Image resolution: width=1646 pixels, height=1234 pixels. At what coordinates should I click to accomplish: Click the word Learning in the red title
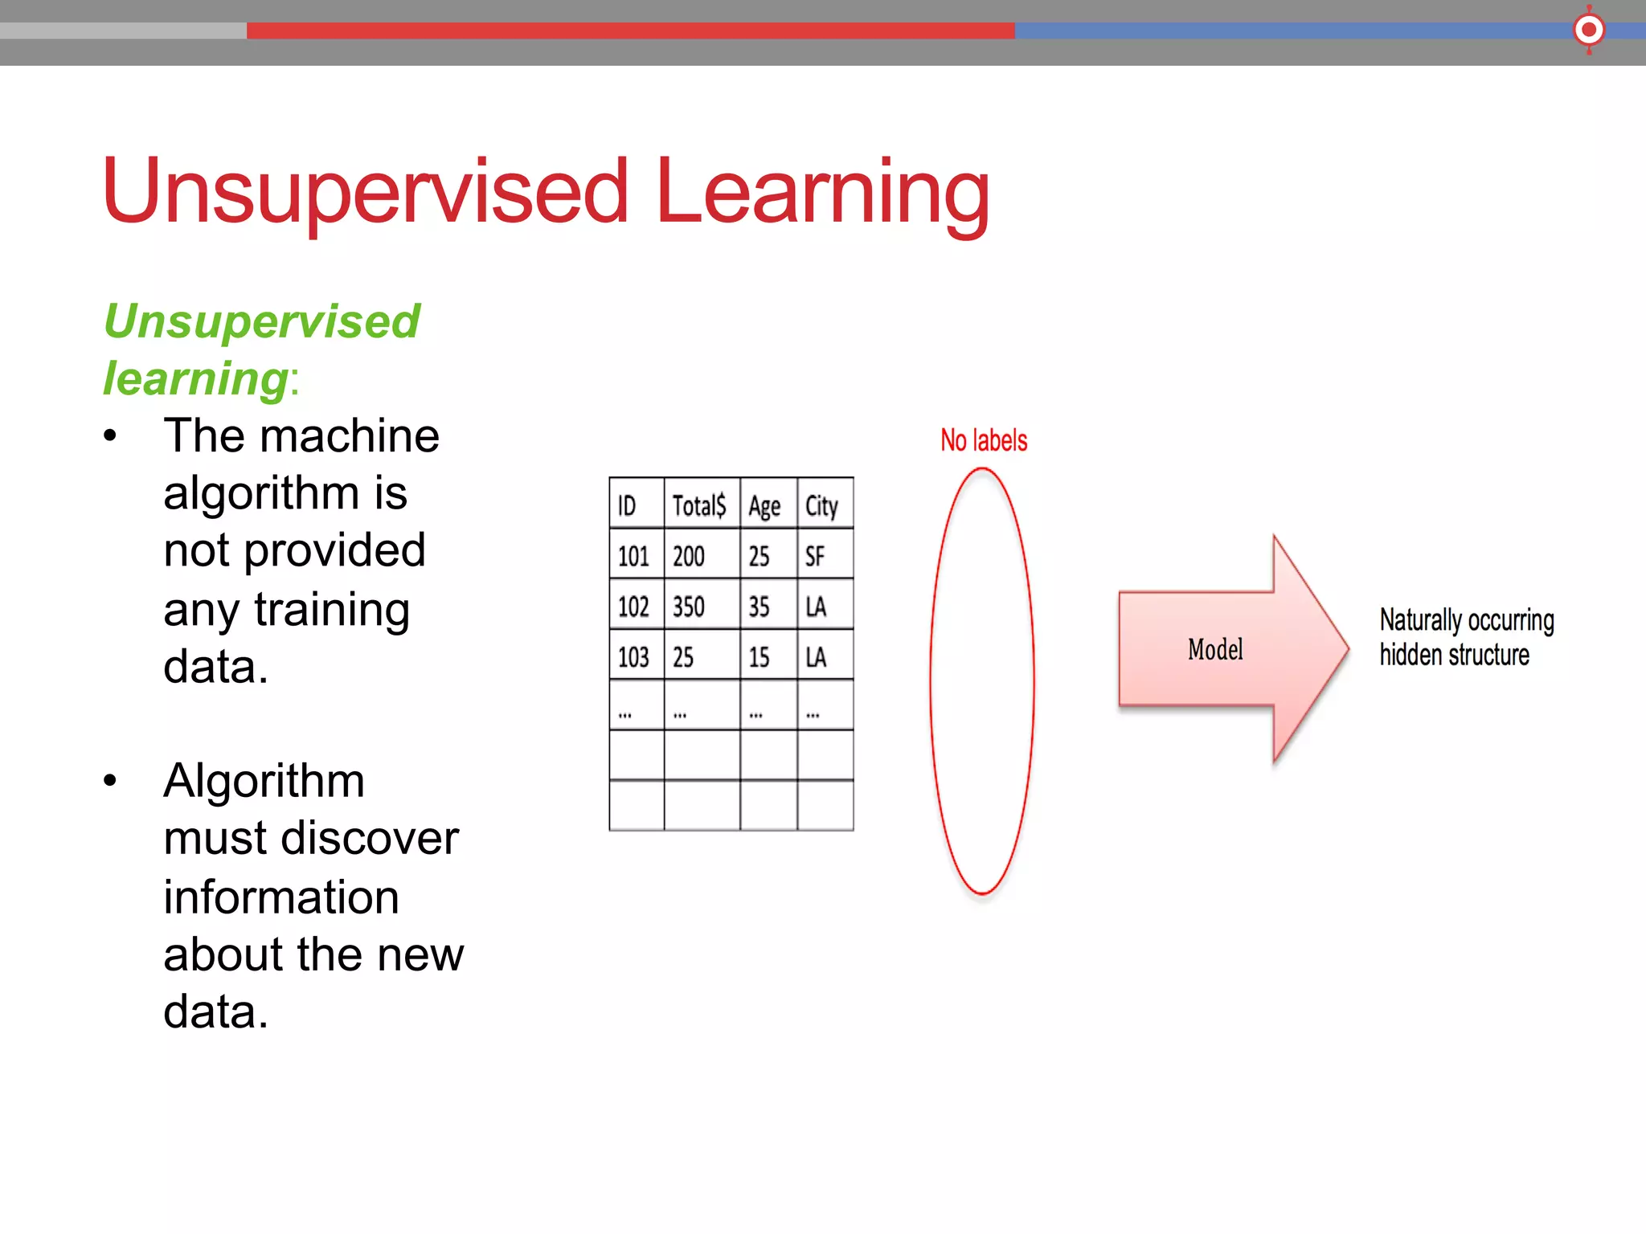pyautogui.click(x=821, y=193)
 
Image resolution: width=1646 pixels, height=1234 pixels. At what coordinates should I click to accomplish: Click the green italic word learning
pyautogui.click(x=195, y=378)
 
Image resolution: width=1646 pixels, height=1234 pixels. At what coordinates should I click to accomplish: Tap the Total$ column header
pyautogui.click(x=698, y=505)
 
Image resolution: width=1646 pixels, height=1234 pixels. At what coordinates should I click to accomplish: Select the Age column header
pyautogui.click(x=764, y=506)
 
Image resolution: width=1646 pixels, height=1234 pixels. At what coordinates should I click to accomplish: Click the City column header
pyautogui.click(x=821, y=506)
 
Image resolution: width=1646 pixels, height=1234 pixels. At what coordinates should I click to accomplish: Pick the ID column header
pyautogui.click(x=627, y=506)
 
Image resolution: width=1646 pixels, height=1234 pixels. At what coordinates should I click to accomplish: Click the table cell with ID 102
pyautogui.click(x=633, y=607)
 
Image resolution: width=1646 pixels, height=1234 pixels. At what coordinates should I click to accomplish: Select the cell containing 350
pyautogui.click(x=689, y=607)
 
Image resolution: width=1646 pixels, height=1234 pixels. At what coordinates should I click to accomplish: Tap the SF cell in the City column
pyautogui.click(x=815, y=556)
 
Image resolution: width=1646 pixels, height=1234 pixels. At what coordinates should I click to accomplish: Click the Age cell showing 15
pyautogui.click(x=759, y=657)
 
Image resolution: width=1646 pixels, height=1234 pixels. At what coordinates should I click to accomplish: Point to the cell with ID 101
pyautogui.click(x=633, y=556)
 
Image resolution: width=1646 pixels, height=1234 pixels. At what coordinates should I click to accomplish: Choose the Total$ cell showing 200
pyautogui.click(x=689, y=556)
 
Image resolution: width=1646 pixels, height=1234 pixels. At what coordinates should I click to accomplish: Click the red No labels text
pyautogui.click(x=984, y=440)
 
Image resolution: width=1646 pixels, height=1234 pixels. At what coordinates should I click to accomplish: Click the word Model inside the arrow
pyautogui.click(x=1215, y=649)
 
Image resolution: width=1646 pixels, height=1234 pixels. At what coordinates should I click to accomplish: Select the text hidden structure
pyautogui.click(x=1454, y=655)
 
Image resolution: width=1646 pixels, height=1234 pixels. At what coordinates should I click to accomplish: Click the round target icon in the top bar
pyautogui.click(x=1588, y=31)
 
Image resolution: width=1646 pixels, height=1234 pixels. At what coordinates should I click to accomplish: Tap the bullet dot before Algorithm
pyautogui.click(x=110, y=781)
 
